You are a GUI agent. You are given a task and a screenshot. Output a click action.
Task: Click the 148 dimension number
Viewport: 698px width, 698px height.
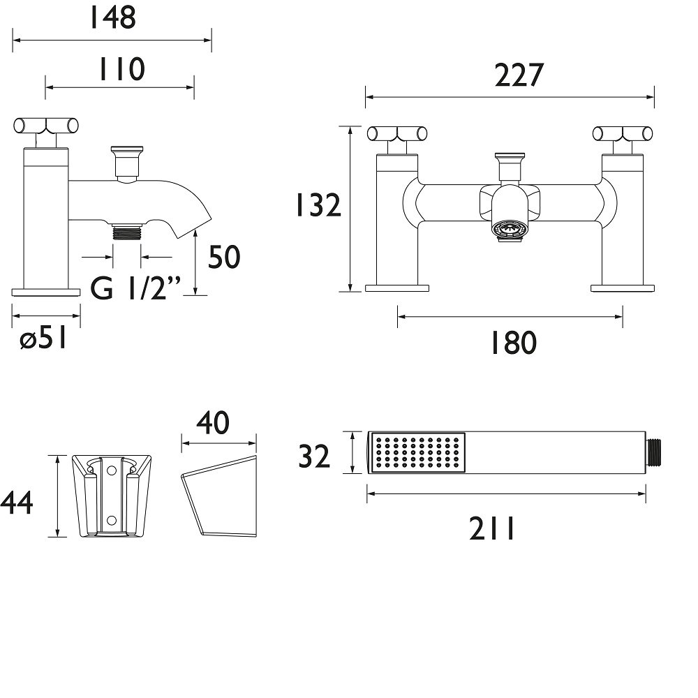113,17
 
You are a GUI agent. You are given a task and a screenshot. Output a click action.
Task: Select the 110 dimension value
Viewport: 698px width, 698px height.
121,69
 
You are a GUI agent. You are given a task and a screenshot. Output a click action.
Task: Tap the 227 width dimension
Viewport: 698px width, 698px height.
519,75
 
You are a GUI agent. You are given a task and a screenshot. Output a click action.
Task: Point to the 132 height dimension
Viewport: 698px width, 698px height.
319,205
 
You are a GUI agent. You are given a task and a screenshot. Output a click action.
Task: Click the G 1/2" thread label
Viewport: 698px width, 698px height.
135,288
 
